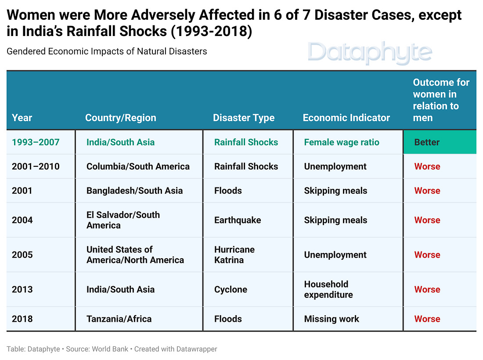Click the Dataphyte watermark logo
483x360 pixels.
[370, 52]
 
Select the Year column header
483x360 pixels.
[22, 118]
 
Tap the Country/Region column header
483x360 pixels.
[120, 118]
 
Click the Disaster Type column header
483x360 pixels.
[243, 118]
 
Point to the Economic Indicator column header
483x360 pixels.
[346, 118]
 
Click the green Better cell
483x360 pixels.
[439, 142]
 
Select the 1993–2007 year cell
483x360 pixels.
[36, 142]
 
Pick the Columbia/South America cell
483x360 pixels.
[138, 166]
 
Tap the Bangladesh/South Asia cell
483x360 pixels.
[134, 191]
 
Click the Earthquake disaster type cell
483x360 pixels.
[237, 220]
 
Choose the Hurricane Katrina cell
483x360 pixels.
[234, 255]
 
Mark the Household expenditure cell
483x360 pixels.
[328, 289]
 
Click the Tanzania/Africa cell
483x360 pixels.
[119, 319]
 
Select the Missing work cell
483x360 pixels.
[331, 319]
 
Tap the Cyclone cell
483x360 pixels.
[231, 289]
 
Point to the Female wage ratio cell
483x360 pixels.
[341, 142]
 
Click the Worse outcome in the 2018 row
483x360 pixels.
[427, 319]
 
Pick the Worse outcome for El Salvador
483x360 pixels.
[427, 220]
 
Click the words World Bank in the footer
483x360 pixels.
[111, 349]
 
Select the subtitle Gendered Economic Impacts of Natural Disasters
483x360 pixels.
[107, 51]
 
